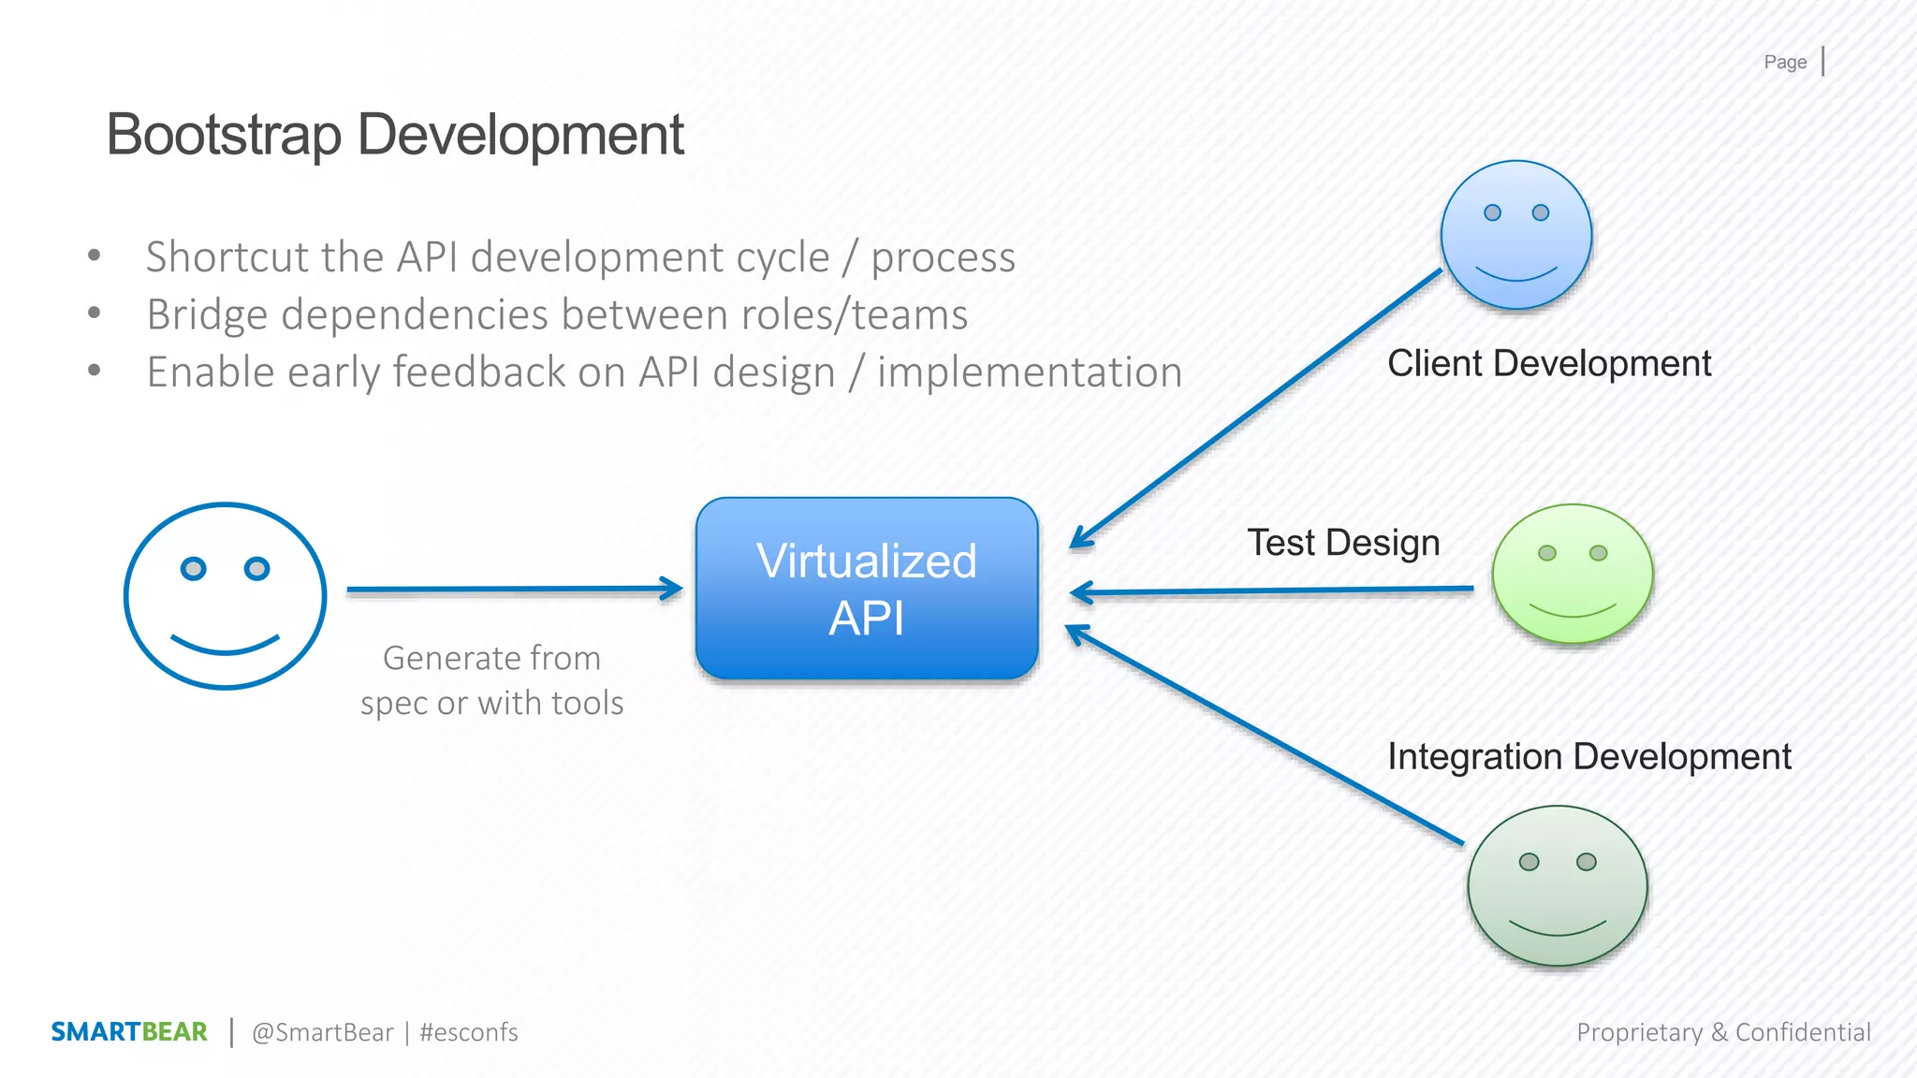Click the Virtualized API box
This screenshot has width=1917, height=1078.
pyautogui.click(x=867, y=588)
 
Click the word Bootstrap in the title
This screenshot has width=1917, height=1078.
pyautogui.click(x=224, y=135)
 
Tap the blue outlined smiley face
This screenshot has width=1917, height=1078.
pyautogui.click(x=225, y=596)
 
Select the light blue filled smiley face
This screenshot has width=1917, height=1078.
pyautogui.click(x=1516, y=235)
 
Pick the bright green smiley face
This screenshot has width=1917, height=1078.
pyautogui.click(x=1573, y=574)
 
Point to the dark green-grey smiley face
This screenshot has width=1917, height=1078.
pyautogui.click(x=1558, y=885)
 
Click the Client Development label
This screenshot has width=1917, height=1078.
pyautogui.click(x=1549, y=363)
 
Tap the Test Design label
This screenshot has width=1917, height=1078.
pyautogui.click(x=1343, y=543)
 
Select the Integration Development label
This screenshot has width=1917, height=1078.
pyautogui.click(x=1588, y=756)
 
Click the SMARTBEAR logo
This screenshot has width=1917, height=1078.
pyautogui.click(x=129, y=1032)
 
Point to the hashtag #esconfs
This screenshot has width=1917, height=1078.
pyautogui.click(x=469, y=1032)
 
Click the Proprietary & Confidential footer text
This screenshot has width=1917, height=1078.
pyautogui.click(x=1723, y=1032)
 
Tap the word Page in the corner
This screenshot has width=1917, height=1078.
pyautogui.click(x=1785, y=63)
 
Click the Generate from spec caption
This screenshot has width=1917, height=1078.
pyautogui.click(x=491, y=680)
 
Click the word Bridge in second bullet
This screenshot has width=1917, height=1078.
pyautogui.click(x=207, y=315)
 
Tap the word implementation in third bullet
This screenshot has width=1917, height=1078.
pyautogui.click(x=1030, y=372)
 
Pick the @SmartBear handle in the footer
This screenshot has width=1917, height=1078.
pyautogui.click(x=323, y=1032)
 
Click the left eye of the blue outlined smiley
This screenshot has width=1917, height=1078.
pyautogui.click(x=194, y=568)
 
